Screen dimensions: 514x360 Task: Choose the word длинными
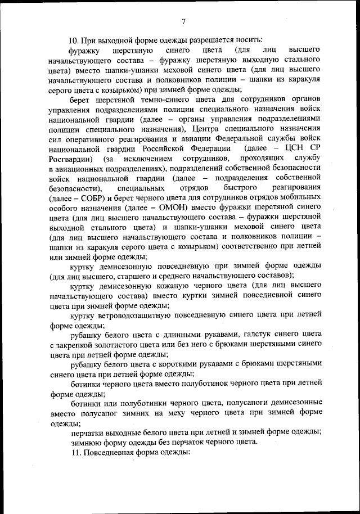(x=178, y=335)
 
